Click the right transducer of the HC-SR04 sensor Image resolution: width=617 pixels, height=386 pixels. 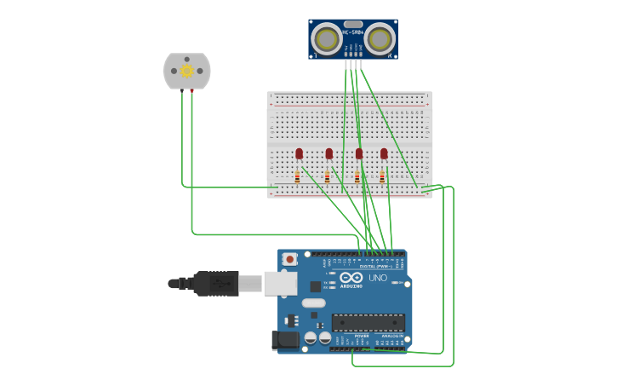pyautogui.click(x=380, y=37)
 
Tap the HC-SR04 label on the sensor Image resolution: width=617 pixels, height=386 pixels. pyautogui.click(x=353, y=32)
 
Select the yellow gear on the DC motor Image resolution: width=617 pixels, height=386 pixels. pyautogui.click(x=186, y=71)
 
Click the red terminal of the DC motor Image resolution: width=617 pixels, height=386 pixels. pyautogui.click(x=192, y=89)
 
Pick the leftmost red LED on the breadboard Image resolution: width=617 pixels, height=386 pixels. pyautogui.click(x=299, y=153)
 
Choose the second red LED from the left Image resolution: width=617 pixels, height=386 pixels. pyautogui.click(x=329, y=153)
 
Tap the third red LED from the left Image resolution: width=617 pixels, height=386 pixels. pyautogui.click(x=359, y=153)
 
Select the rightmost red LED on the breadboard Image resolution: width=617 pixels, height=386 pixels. pyautogui.click(x=384, y=153)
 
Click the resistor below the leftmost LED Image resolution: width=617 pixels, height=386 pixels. pyautogui.click(x=297, y=177)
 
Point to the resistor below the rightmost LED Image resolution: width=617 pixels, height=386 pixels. pyautogui.click(x=382, y=177)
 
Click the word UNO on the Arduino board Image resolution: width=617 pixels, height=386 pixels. pyautogui.click(x=377, y=278)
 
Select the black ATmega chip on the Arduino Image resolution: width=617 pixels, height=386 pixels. pyautogui.click(x=368, y=323)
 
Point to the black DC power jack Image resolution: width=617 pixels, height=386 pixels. pyautogui.click(x=285, y=341)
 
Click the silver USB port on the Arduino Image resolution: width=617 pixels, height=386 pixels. pyautogui.click(x=279, y=283)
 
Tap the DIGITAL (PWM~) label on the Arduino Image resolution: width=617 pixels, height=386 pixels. pyautogui.click(x=375, y=267)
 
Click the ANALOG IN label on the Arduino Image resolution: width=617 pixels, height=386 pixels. pyautogui.click(x=392, y=336)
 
